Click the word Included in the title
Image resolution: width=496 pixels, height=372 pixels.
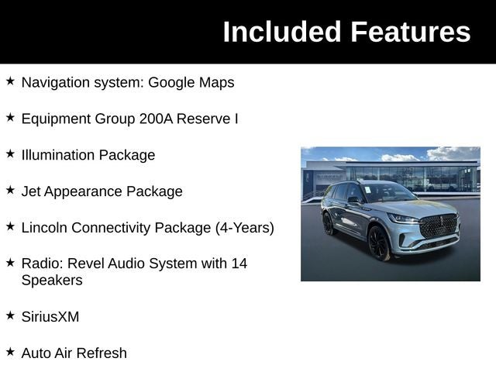[281, 32]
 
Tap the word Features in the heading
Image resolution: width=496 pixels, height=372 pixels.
[410, 32]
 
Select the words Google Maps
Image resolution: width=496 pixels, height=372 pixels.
[191, 82]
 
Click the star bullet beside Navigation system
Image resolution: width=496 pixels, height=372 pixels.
[10, 81]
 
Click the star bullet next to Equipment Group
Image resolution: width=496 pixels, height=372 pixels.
[10, 117]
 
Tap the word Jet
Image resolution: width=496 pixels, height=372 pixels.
[32, 191]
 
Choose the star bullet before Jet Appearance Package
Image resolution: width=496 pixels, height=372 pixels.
[10, 190]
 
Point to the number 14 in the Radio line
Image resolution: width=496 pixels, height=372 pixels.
[239, 263]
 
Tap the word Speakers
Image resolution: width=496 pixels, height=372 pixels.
[52, 281]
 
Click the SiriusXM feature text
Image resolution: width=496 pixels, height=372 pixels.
[50, 317]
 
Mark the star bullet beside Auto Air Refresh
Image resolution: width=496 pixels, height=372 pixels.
[10, 351]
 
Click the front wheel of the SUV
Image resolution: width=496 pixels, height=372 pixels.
[379, 243]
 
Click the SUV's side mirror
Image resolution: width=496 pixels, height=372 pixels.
[353, 201]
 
